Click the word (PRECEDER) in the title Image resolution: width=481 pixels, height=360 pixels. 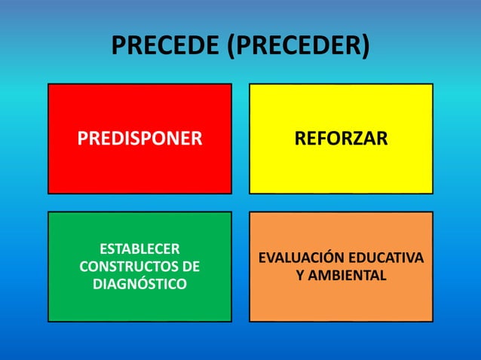pyautogui.click(x=299, y=46)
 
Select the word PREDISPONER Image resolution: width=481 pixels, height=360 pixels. pyautogui.click(x=139, y=139)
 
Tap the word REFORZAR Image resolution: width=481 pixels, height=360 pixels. pyautogui.click(x=341, y=139)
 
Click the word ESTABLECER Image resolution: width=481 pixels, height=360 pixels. pyautogui.click(x=139, y=249)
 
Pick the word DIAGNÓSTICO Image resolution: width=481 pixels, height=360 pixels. pyautogui.click(x=139, y=284)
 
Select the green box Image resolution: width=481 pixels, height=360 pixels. pyautogui.click(x=139, y=305)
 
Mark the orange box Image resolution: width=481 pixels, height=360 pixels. pyautogui.click(x=341, y=305)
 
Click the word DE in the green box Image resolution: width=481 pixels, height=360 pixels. pyautogui.click(x=191, y=267)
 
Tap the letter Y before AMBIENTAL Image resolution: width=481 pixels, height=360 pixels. pyautogui.click(x=300, y=276)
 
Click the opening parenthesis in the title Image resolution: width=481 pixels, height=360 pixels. pyautogui.click(x=231, y=47)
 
